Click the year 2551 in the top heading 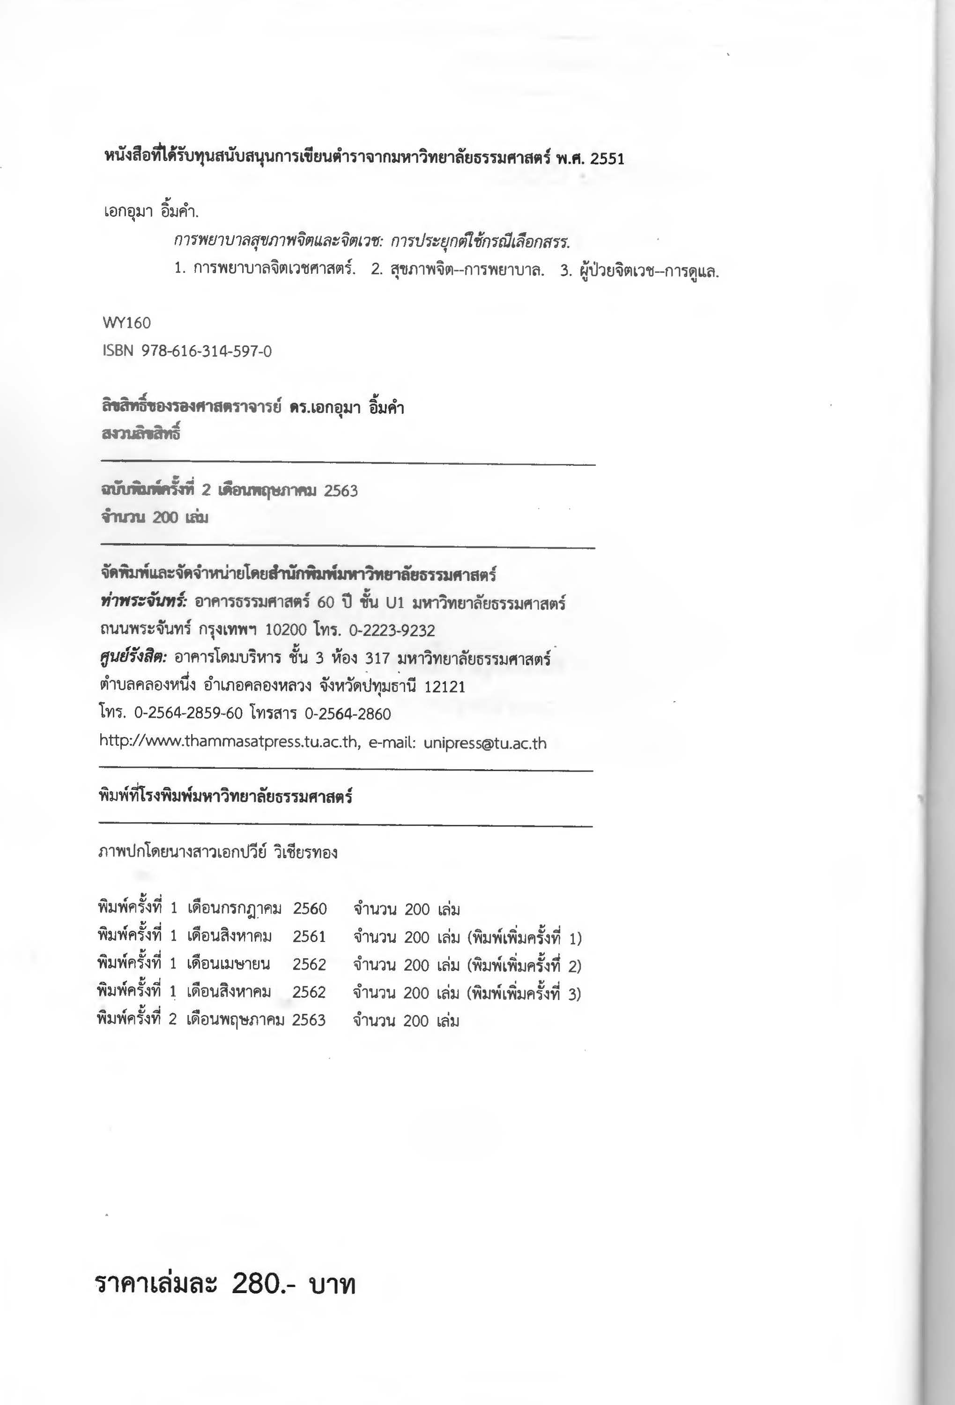(x=607, y=159)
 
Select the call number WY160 (x=126, y=323)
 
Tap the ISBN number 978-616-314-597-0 (x=206, y=351)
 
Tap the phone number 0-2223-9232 (x=392, y=631)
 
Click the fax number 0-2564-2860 (x=348, y=714)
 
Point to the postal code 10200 (x=286, y=631)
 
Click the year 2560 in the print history (x=310, y=909)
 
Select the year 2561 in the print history (x=309, y=936)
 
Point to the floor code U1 (x=394, y=603)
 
